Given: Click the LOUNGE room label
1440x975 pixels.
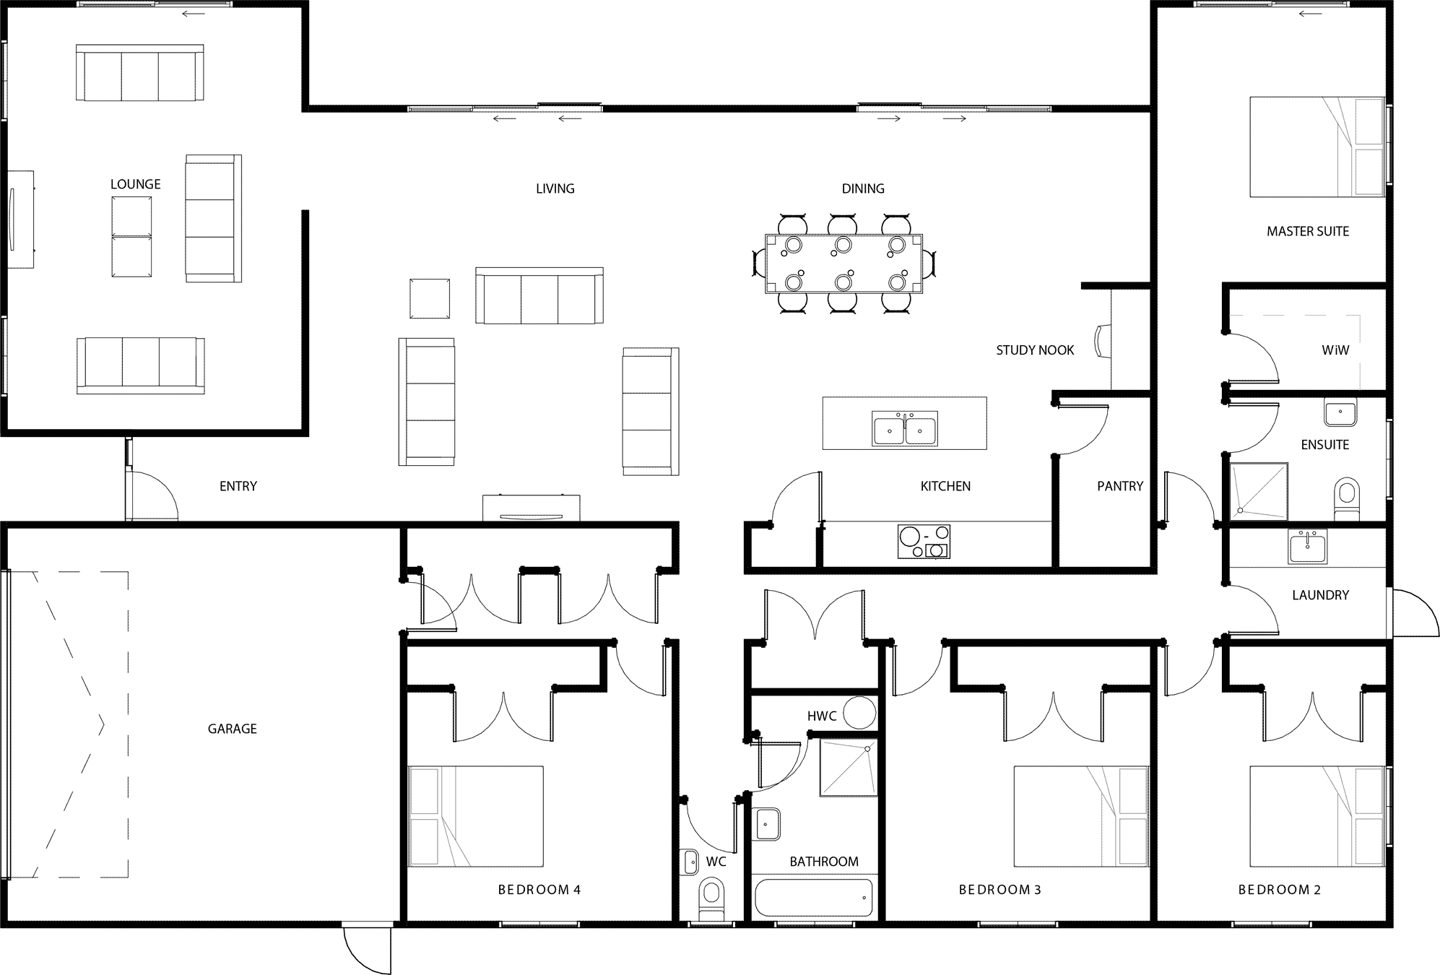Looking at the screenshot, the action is [136, 184].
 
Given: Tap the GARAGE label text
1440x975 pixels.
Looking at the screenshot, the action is [233, 729].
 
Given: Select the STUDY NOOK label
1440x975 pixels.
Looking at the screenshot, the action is [1035, 350].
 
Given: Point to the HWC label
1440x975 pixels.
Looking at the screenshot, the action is [822, 716].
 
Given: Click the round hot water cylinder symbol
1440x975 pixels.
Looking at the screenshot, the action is [859, 712].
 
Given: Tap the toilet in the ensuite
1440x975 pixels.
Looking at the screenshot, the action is [1346, 498].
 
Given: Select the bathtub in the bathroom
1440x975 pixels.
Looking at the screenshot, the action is [813, 897].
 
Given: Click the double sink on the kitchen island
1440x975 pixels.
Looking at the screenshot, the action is [905, 429].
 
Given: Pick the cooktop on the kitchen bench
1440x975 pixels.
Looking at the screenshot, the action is [924, 542].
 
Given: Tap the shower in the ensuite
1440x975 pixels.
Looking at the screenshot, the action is [1259, 490].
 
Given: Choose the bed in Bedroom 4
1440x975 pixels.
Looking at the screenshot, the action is [476, 816].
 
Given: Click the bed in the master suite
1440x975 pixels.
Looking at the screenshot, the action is [1317, 147].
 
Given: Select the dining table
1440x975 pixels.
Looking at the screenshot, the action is [843, 263].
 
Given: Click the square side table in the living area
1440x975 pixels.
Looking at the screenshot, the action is [430, 298].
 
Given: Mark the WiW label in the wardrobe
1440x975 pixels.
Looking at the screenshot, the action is [1335, 350].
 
